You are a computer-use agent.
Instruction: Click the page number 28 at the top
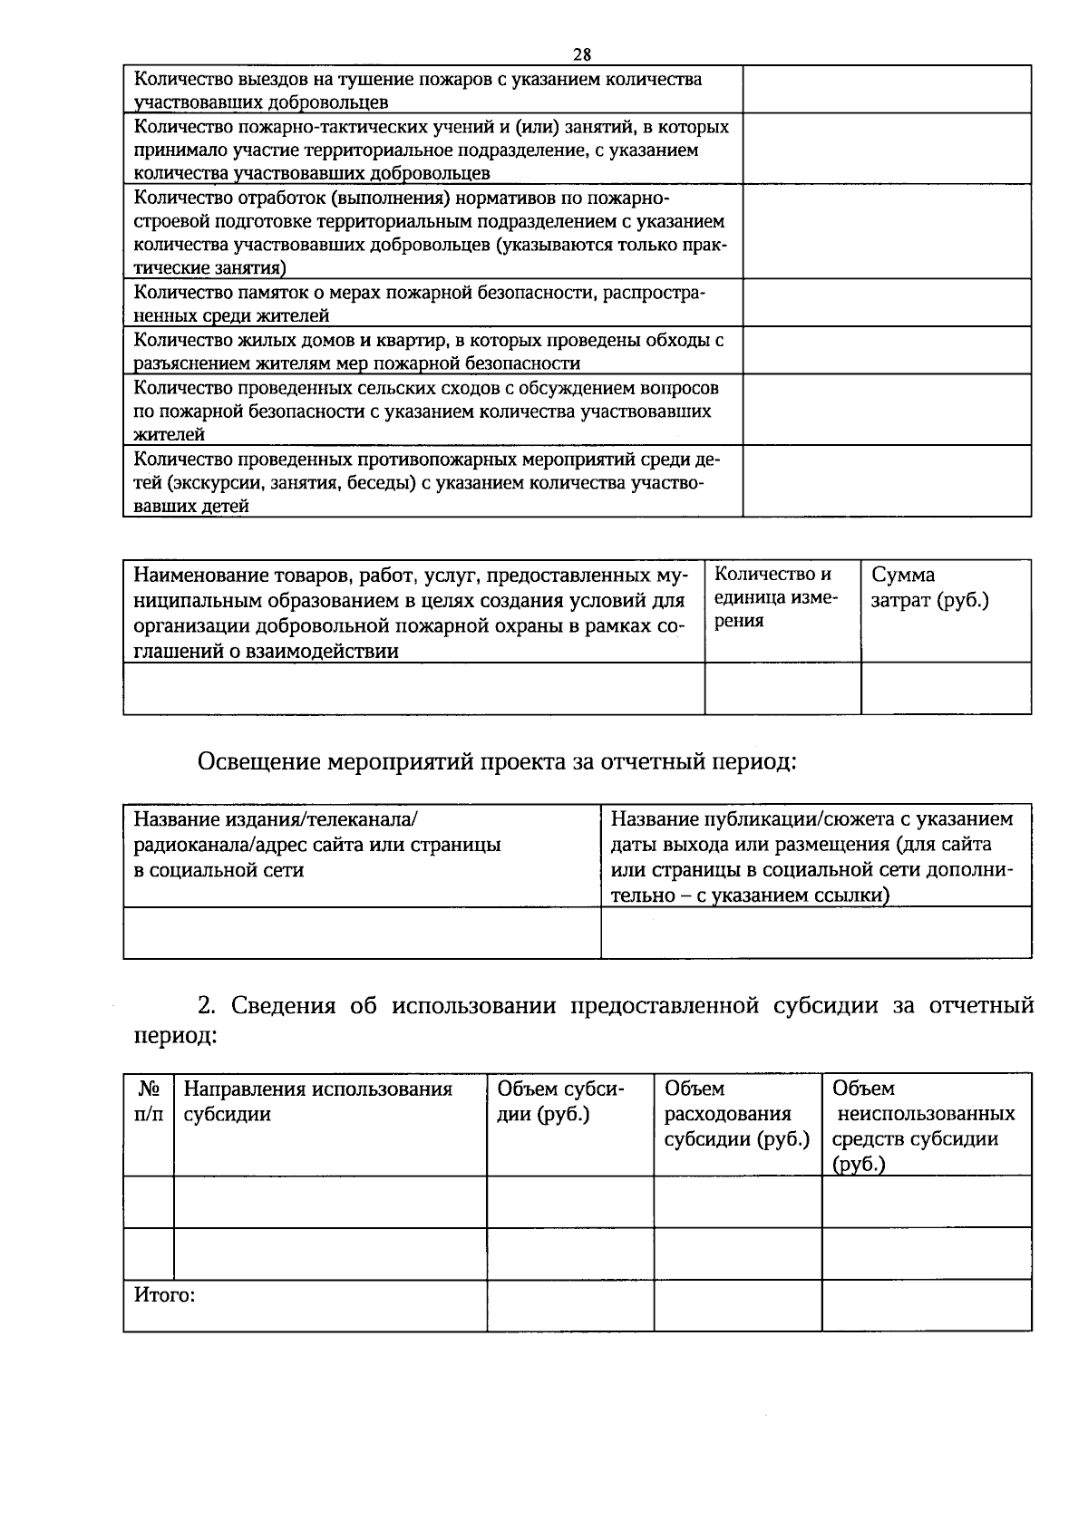582,53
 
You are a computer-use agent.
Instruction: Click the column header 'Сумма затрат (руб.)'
929,587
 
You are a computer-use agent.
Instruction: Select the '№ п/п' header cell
149,1101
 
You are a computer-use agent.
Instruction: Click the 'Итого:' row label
165,1295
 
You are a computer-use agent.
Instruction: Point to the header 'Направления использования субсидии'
318,1101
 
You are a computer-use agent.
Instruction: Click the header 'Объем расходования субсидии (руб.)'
736,1114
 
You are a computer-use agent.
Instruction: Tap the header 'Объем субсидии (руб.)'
560,1101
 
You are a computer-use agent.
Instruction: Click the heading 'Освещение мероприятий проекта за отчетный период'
497,761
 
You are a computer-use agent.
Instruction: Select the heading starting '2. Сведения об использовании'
580,1019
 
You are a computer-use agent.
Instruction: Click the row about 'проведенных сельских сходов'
426,411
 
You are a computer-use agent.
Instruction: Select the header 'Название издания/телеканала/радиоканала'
317,845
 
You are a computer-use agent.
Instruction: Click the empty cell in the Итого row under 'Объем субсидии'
570,1306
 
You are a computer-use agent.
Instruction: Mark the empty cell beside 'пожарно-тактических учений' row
887,149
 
